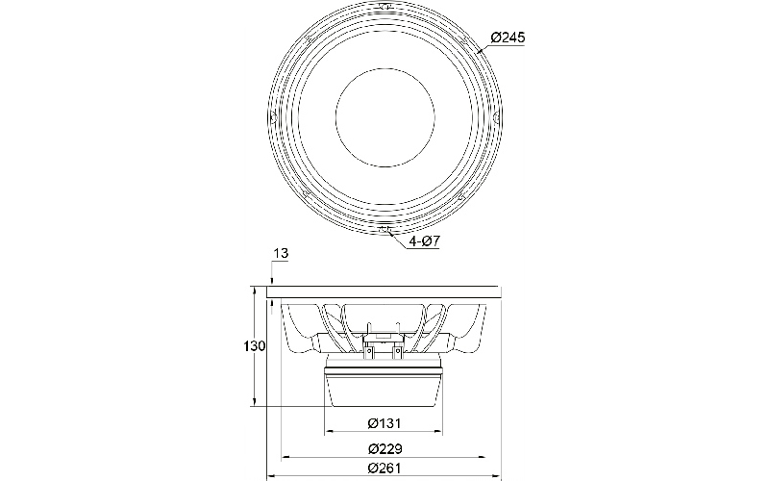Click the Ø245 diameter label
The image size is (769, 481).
[508, 38]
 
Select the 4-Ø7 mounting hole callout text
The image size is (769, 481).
[424, 241]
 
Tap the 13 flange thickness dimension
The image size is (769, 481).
[281, 254]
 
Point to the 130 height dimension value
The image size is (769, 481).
[255, 346]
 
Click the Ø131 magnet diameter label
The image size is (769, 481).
[384, 423]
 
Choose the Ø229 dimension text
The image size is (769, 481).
[384, 448]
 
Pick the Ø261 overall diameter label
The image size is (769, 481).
[384, 468]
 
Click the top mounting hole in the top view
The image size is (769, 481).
[384, 7]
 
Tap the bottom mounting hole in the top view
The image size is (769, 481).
[384, 229]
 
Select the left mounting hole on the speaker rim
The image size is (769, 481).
[273, 117]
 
